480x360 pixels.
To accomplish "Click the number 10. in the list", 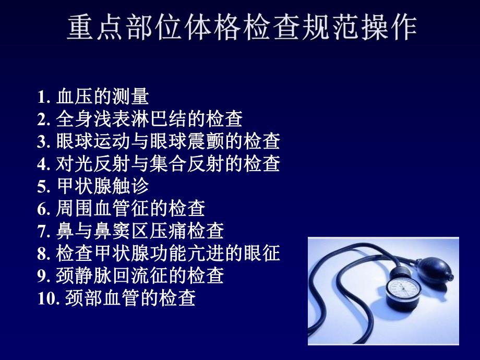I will [47, 299].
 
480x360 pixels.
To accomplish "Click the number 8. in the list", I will [42, 254].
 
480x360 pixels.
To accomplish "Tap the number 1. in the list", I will [42, 97].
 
